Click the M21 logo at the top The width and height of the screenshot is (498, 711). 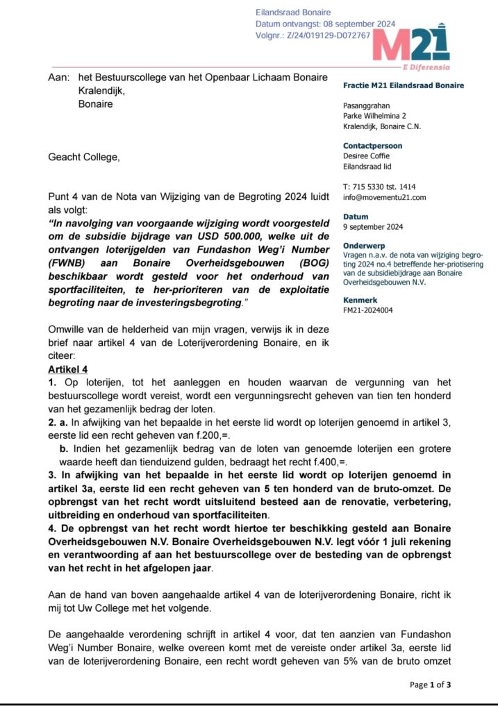[x=410, y=43]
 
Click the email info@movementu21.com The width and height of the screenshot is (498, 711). [x=385, y=197]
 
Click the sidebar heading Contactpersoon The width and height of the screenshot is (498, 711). [x=372, y=146]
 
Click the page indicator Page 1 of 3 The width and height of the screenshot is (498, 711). [x=431, y=685]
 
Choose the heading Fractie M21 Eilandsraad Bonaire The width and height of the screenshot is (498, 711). [x=404, y=85]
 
